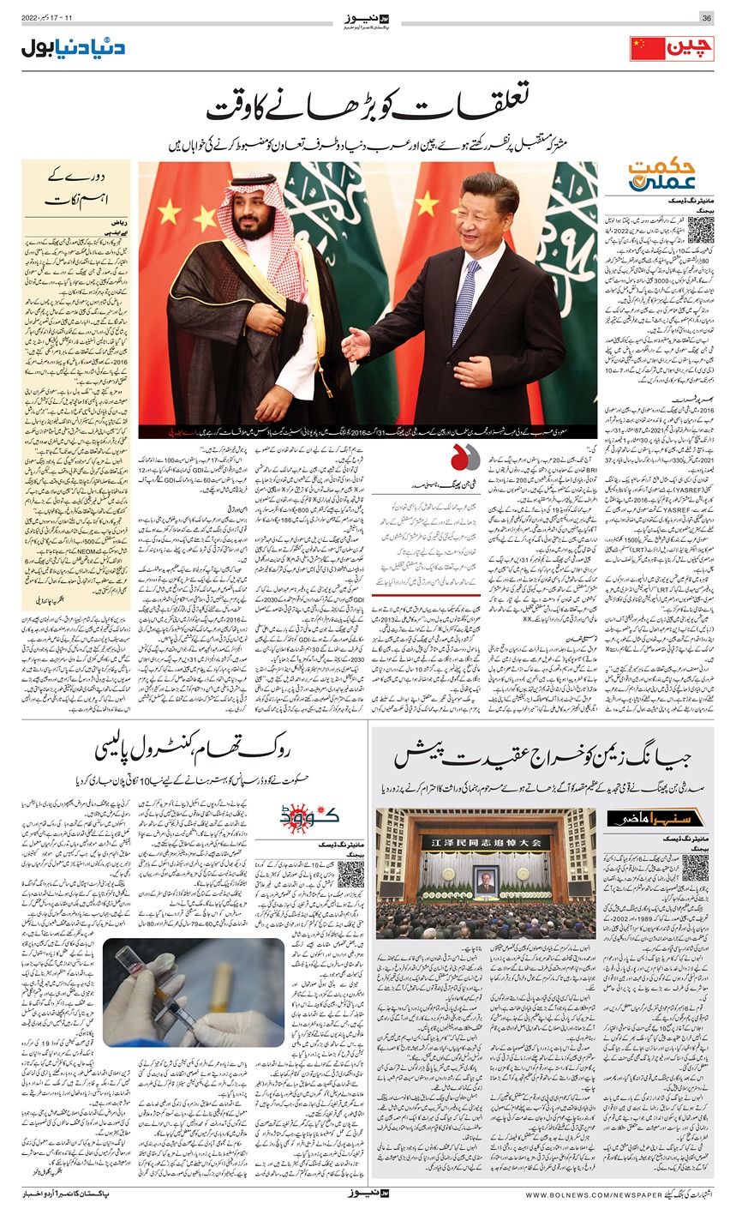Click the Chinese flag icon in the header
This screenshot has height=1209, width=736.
pos(648,48)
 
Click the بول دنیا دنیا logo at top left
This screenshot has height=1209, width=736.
pos(73,47)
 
